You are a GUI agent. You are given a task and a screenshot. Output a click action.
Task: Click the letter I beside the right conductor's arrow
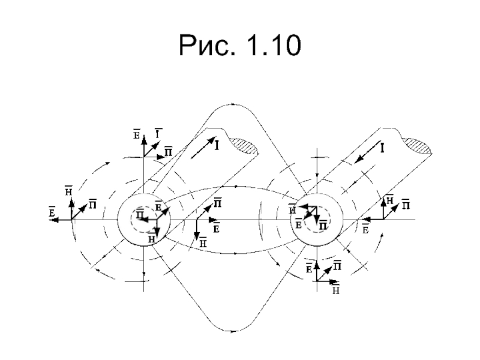pos(382,146)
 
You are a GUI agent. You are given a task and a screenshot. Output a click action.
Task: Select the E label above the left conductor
pos(136,134)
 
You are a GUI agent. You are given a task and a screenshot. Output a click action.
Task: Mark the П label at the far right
pos(406,205)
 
